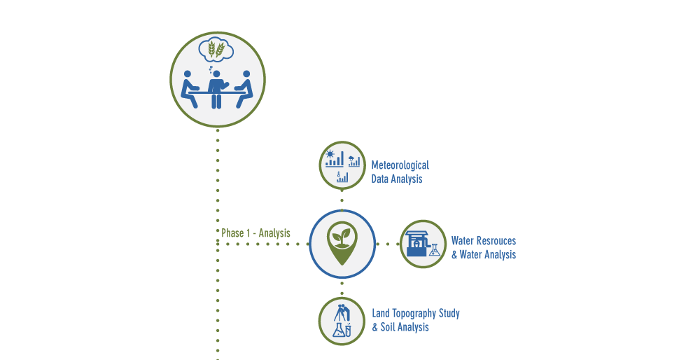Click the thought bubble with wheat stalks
(x=217, y=49)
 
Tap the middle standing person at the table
(x=217, y=88)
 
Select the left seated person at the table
(x=190, y=88)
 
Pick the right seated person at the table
(x=244, y=88)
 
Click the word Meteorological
(x=400, y=166)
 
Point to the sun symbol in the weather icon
(x=330, y=153)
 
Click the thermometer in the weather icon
(x=337, y=177)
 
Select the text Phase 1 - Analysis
(x=255, y=233)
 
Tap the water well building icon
(x=418, y=244)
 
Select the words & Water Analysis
(x=483, y=255)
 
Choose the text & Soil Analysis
(x=400, y=327)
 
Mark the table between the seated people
(x=217, y=92)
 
